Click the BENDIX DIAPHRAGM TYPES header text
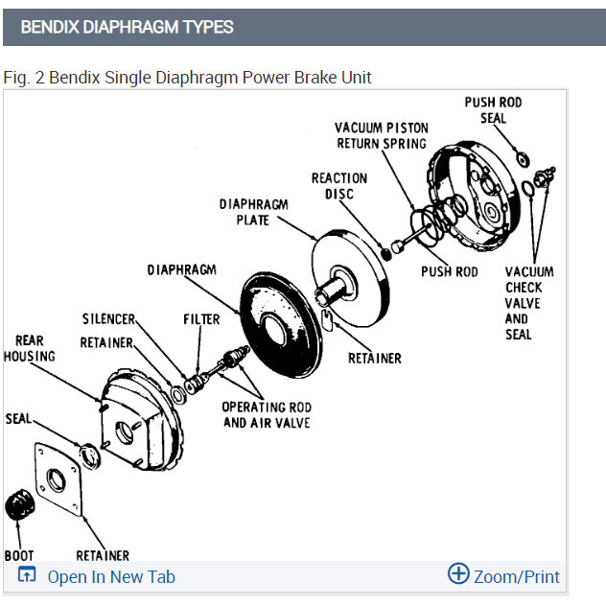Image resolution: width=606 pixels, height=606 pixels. pos(127,27)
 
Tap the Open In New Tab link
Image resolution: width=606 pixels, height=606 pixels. pos(110,576)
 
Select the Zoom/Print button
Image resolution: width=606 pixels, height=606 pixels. pos(504,575)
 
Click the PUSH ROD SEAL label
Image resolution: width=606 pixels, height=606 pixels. pos(494,110)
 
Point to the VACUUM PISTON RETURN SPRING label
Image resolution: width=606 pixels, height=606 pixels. pos(381,135)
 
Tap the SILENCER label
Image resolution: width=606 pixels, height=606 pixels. pos(108,318)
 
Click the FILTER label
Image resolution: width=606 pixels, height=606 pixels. pos(201,318)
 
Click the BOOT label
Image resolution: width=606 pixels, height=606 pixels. pos(19,555)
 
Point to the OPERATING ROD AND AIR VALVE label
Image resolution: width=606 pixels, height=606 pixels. pos(266,414)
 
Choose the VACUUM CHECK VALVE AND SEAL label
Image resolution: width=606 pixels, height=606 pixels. pos(528,303)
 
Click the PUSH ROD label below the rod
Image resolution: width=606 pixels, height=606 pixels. pos(449,272)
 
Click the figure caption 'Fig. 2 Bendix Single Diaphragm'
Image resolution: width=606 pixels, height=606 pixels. pos(187,77)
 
